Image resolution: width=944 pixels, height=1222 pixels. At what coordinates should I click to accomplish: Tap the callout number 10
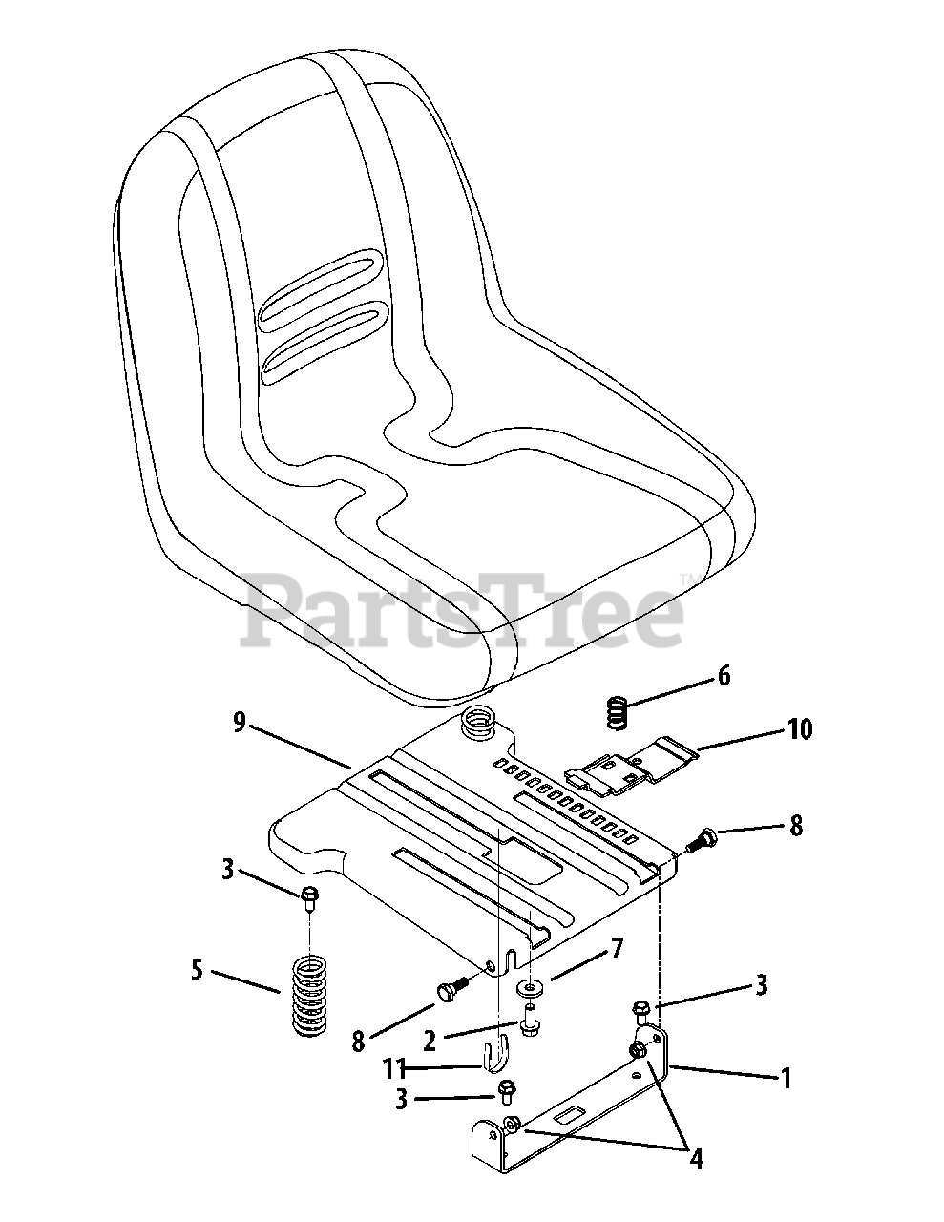(799, 730)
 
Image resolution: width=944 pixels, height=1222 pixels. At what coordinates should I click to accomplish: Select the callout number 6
(724, 677)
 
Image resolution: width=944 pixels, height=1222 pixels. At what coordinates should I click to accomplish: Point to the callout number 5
(197, 973)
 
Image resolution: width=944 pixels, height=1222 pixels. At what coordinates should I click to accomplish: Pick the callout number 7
(617, 948)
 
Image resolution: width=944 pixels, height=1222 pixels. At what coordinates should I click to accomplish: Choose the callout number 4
(696, 1159)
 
